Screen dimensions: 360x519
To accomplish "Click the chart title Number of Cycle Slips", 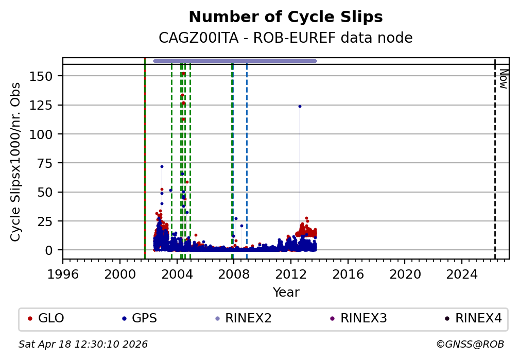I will click(x=286, y=18).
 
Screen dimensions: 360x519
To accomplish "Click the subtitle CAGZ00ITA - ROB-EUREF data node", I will click(x=286, y=38).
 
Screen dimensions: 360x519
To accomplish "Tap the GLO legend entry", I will click(x=50, y=318).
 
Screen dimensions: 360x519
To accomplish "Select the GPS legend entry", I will click(x=144, y=318).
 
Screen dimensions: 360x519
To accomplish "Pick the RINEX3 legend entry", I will click(x=363, y=318).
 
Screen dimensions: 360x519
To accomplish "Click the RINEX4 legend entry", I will click(x=478, y=318).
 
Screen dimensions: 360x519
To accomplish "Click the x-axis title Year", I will click(x=286, y=293).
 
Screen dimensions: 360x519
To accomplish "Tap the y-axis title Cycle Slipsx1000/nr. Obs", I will click(x=16, y=162).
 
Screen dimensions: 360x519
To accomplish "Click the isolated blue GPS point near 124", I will click(x=300, y=106).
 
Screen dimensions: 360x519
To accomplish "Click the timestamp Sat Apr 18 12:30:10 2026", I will click(x=83, y=344).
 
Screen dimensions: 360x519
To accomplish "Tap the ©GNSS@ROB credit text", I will click(x=470, y=344).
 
